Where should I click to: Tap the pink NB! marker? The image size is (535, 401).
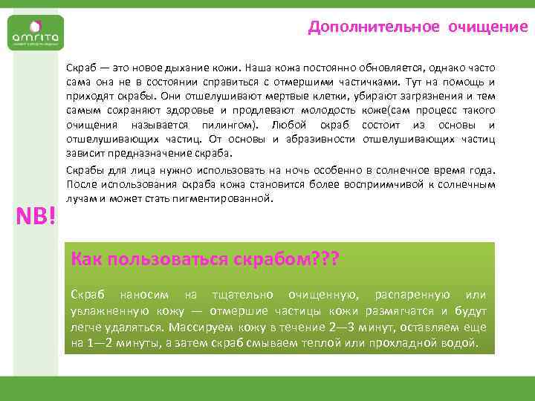(x=36, y=218)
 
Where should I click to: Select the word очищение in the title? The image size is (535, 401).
(x=487, y=27)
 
